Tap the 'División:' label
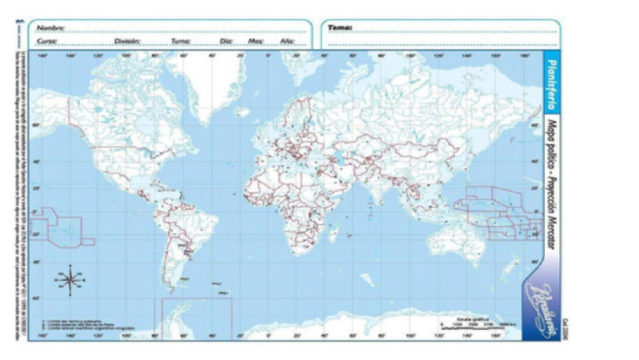point(127,40)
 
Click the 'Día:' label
point(226,40)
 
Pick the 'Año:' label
point(287,40)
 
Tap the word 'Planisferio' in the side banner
point(551,84)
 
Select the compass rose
point(71,279)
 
